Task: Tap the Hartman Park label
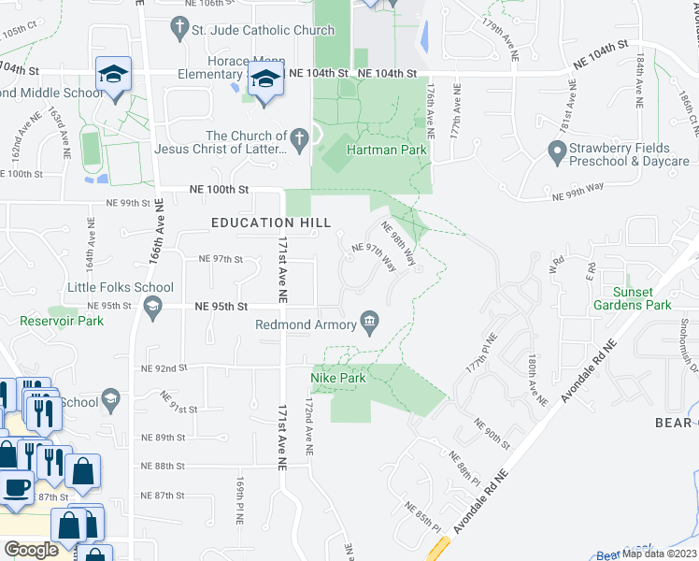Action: click(386, 150)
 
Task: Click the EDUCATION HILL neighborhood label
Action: click(271, 223)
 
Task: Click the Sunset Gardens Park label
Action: click(632, 298)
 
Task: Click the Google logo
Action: click(31, 550)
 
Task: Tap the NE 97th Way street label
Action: click(373, 256)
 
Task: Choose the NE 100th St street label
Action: click(220, 189)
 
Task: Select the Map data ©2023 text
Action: click(658, 554)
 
